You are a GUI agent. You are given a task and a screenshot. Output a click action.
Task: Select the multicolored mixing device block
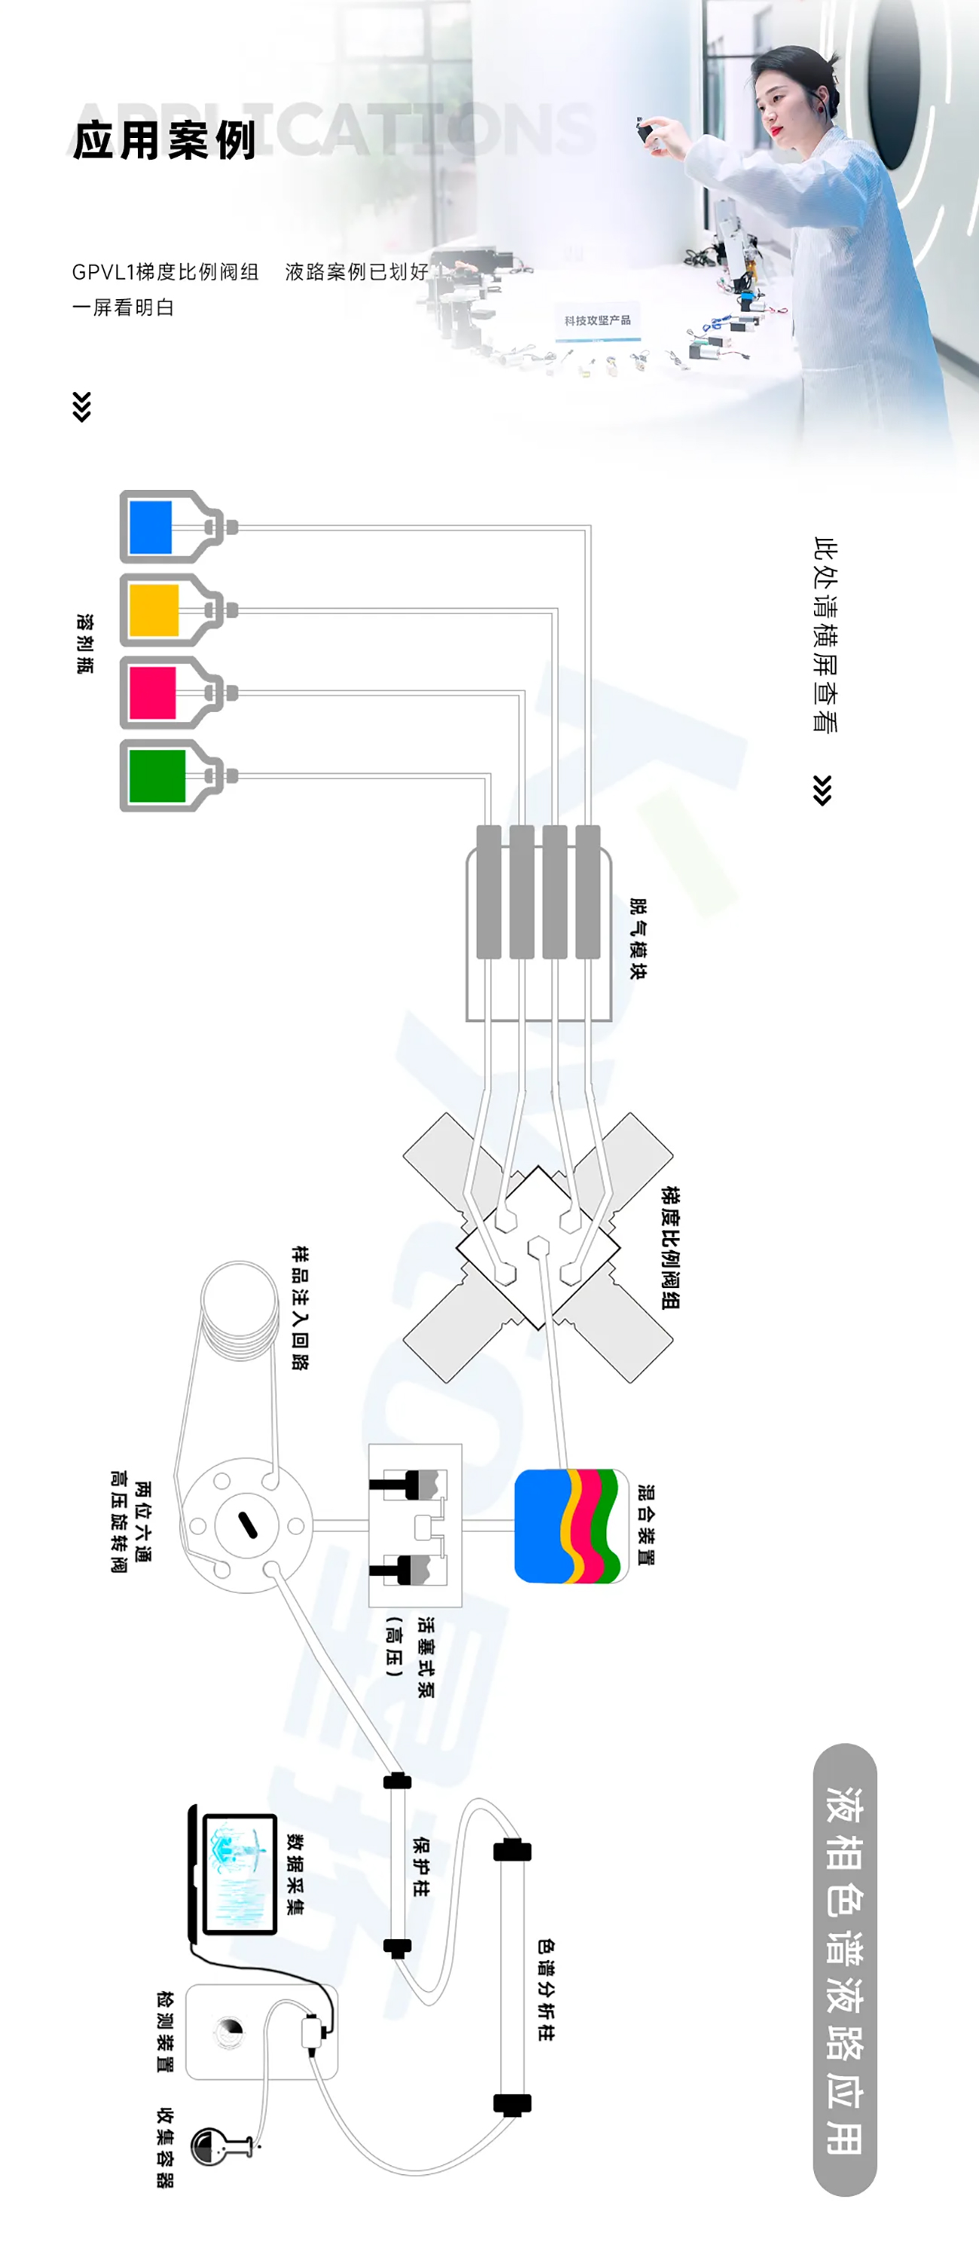pyautogui.click(x=572, y=1525)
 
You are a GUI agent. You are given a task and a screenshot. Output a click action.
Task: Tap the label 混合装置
pyautogui.click(x=645, y=1525)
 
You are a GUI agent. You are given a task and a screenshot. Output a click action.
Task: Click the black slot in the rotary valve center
pyautogui.click(x=247, y=1525)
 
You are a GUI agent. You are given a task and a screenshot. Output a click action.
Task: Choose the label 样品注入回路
pyautogui.click(x=300, y=1308)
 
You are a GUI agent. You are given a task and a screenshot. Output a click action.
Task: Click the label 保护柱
pyautogui.click(x=421, y=1866)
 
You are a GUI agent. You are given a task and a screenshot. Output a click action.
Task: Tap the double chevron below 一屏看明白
pyautogui.click(x=82, y=407)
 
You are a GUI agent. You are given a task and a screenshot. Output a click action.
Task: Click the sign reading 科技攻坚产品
pyautogui.click(x=597, y=320)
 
